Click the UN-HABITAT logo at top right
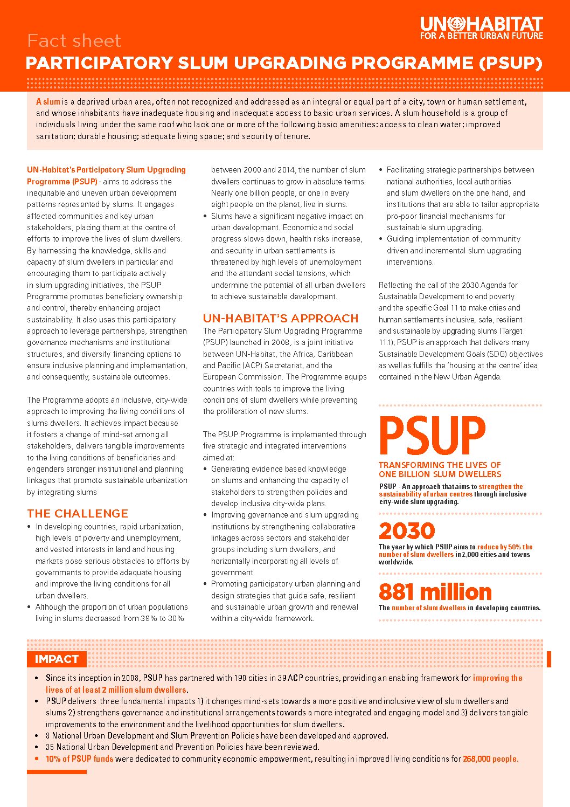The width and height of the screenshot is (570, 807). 481,24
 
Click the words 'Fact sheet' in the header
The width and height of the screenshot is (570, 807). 74,41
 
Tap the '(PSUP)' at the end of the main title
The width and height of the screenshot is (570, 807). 510,63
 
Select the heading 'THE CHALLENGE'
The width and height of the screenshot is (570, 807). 78,514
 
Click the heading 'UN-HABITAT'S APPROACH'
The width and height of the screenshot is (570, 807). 281,319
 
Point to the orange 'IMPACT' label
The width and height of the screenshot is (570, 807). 57,659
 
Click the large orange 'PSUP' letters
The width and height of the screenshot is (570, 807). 432,436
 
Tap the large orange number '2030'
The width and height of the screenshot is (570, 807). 407,532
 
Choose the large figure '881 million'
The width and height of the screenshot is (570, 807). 435,592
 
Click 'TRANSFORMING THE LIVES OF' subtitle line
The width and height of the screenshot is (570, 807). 440,465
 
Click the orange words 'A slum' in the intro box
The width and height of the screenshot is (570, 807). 48,102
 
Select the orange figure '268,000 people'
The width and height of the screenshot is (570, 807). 490,759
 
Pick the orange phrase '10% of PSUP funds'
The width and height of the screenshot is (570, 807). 79,759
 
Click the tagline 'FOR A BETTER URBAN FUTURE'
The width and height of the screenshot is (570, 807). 481,36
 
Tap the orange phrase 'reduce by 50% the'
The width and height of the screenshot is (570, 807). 505,547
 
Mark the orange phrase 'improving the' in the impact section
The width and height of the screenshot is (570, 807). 497,678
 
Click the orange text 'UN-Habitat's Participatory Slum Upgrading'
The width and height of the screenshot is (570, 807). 106,170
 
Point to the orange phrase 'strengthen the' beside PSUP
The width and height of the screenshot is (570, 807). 501,486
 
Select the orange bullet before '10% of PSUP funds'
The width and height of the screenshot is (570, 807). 37,759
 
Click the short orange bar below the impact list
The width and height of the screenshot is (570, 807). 57,772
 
